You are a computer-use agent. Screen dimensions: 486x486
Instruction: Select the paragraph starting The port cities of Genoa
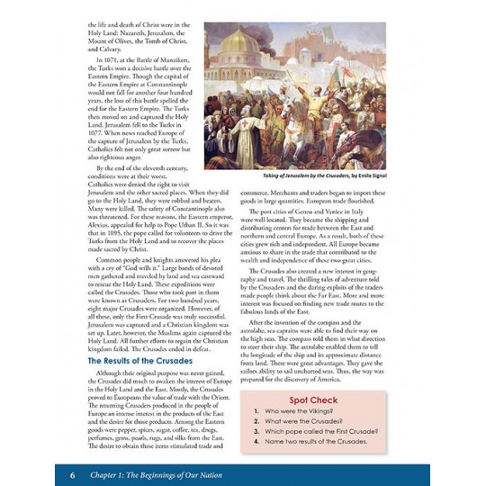(321, 234)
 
